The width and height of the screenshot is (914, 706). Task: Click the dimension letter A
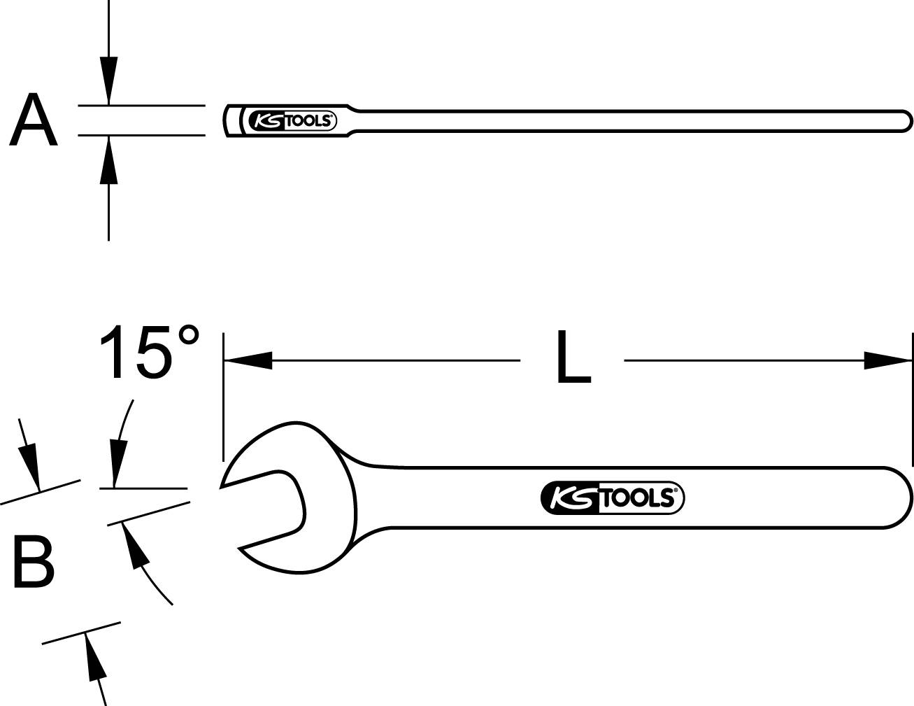[x=33, y=121]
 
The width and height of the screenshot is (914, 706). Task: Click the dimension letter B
[x=34, y=563]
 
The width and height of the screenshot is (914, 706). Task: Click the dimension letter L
[x=573, y=359]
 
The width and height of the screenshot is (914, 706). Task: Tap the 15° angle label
[x=149, y=352]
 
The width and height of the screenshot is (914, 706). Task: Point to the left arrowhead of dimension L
[x=248, y=360]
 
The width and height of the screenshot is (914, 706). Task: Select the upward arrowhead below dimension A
[x=108, y=160]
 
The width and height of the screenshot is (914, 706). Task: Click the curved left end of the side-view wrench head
[x=228, y=120]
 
